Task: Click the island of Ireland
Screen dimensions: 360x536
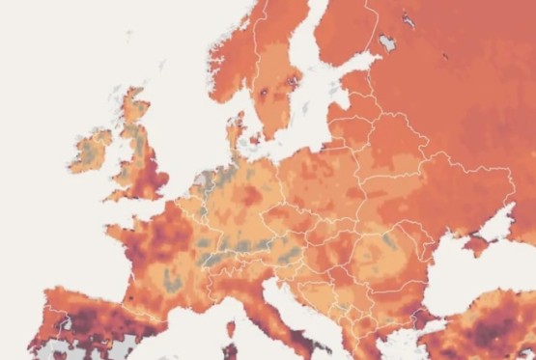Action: coord(94,153)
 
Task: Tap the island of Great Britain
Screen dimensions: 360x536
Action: coord(140,159)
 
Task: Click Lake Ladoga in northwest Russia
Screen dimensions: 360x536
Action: coord(387,42)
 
